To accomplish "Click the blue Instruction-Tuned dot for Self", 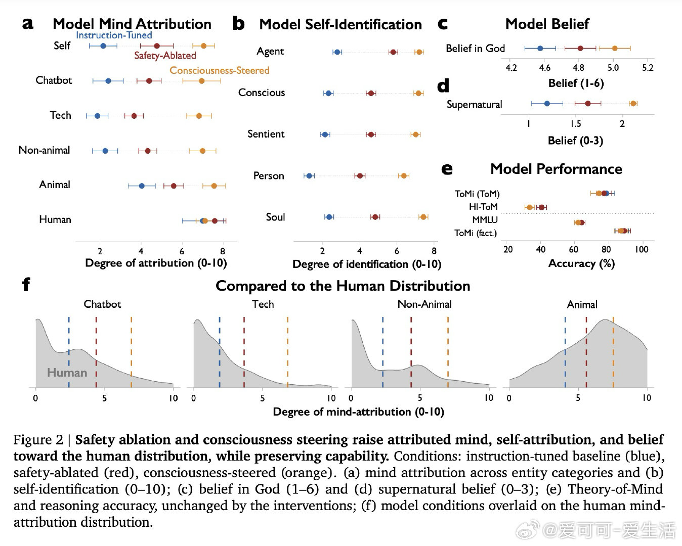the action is (x=103, y=46).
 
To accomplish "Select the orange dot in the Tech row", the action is (x=199, y=116).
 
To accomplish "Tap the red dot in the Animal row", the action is (x=174, y=186).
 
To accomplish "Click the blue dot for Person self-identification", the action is (x=309, y=176).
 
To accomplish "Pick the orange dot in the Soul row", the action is (x=423, y=217).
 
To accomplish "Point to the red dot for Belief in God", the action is (x=580, y=48).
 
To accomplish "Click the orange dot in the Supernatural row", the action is (x=633, y=104).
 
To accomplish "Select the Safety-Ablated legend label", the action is (x=165, y=56).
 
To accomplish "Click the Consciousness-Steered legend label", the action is (x=219, y=70).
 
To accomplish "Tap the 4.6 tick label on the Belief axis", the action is (x=544, y=68).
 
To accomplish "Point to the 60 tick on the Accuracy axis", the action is (x=574, y=249).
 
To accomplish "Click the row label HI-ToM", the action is (x=483, y=207).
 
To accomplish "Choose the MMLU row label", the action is (x=485, y=220).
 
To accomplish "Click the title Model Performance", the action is (x=556, y=169).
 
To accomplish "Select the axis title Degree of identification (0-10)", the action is (x=367, y=264).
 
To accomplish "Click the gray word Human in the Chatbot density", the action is (x=67, y=373).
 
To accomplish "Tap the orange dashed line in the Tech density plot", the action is (x=287, y=352).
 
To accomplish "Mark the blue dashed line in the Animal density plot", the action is (x=565, y=352).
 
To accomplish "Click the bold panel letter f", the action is (x=26, y=284).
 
